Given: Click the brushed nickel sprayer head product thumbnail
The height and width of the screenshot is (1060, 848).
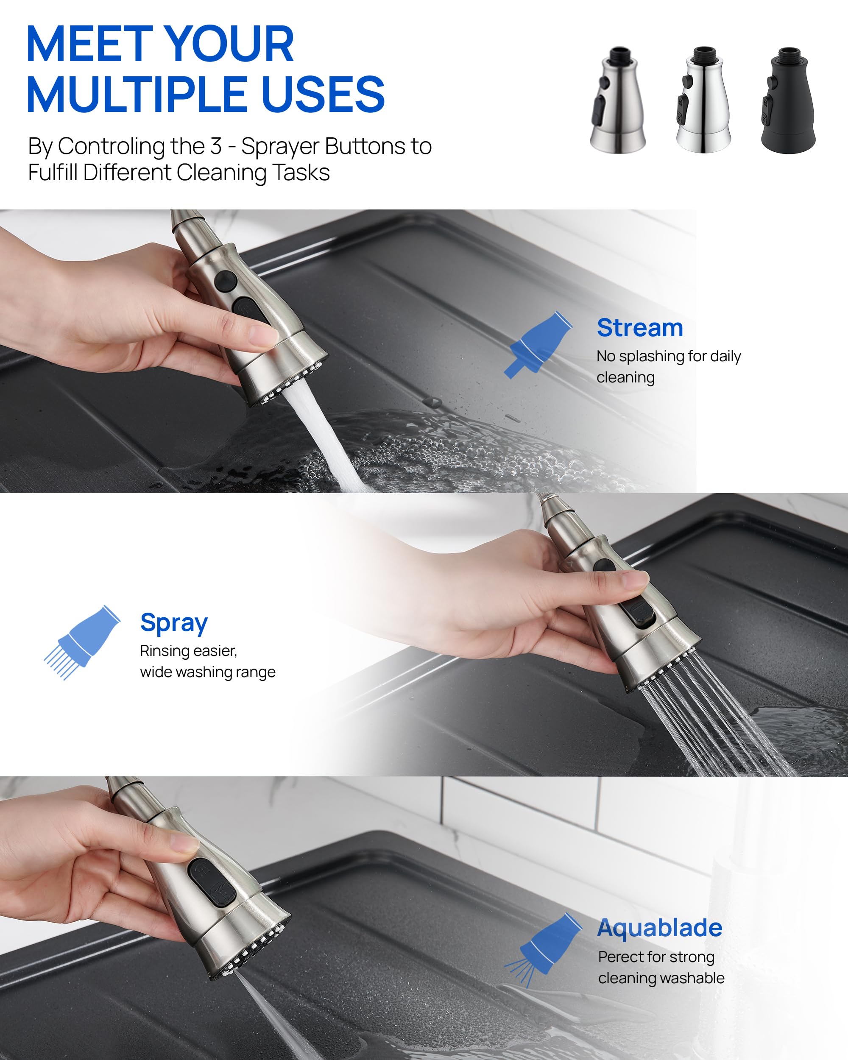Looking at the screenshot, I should click(617, 101).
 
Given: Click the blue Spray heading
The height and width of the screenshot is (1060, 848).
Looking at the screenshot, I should click(173, 623).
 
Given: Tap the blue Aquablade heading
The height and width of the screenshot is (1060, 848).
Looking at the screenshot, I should click(659, 928).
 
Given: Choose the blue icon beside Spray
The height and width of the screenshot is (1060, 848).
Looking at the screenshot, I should click(83, 642).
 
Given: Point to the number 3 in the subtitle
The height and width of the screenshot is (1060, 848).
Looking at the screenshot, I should click(216, 147).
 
